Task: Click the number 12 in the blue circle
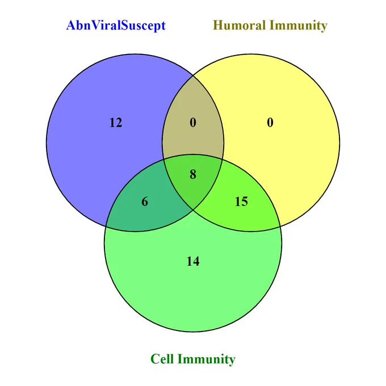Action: [x=116, y=123]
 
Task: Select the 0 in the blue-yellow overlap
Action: [x=193, y=123]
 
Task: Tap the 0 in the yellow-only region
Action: [x=270, y=123]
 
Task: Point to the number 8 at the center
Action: [x=193, y=174]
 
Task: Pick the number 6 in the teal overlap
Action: [x=145, y=202]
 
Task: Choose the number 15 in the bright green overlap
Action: [x=241, y=202]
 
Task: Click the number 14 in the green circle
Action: [x=193, y=261]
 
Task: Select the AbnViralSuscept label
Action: [x=116, y=26]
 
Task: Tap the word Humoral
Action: [x=240, y=26]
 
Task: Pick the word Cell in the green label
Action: [x=162, y=359]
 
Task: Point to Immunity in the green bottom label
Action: [x=206, y=359]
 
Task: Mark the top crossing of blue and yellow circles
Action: [x=193, y=76]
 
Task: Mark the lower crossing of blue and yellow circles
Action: [x=193, y=209]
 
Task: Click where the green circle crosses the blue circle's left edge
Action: [x=106, y=226]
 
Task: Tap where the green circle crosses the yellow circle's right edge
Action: [x=280, y=226]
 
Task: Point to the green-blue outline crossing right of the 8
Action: [x=223, y=160]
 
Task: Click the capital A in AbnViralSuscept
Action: [x=70, y=26]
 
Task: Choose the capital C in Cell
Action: [x=155, y=359]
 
